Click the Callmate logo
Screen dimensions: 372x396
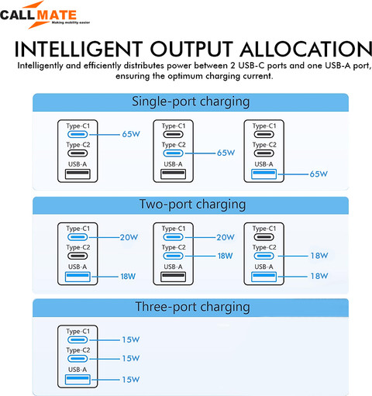45,15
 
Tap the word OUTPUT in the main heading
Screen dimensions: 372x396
191,49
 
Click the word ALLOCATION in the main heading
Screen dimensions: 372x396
306,49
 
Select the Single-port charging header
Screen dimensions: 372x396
191,102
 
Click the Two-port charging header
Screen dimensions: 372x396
192,205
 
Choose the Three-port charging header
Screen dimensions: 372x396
192,307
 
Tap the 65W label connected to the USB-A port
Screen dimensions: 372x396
319,174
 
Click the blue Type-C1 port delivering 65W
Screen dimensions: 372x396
77,134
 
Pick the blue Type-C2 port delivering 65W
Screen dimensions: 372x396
173,153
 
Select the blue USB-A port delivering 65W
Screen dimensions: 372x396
263,174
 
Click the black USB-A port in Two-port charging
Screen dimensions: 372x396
173,277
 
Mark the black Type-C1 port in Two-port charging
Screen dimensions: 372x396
263,237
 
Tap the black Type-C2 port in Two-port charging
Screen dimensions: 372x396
77,256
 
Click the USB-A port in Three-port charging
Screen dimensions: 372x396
77,380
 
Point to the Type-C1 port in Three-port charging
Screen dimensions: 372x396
77,339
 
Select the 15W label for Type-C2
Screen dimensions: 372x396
131,359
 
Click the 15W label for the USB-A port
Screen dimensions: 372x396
131,380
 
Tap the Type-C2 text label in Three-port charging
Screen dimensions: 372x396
78,350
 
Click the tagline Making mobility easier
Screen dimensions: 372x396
71,22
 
